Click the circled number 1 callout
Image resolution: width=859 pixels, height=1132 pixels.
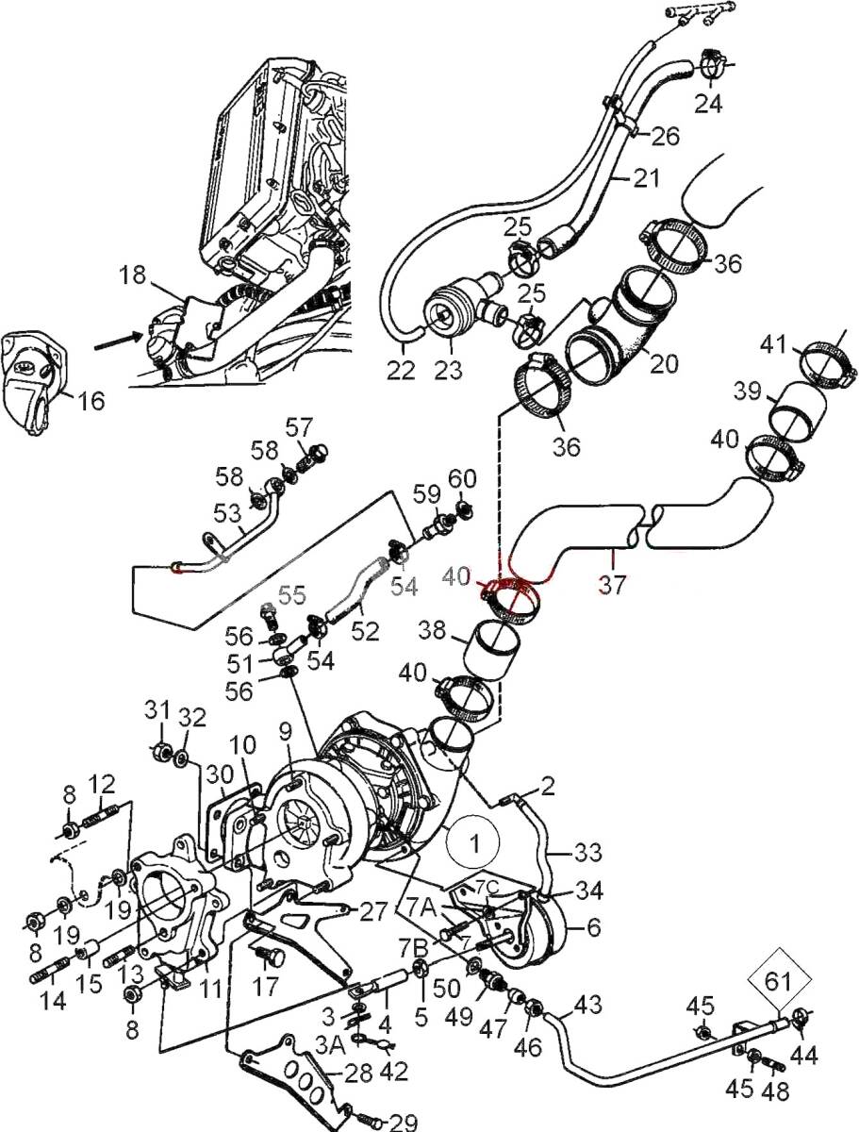(x=472, y=843)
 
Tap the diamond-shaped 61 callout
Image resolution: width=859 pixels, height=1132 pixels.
(x=778, y=979)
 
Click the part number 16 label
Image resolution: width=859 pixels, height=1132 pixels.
(x=91, y=400)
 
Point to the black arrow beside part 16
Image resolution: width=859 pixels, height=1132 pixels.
(x=119, y=341)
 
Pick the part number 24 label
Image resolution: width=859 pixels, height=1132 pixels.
(x=708, y=104)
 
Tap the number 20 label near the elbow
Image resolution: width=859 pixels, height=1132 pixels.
(x=664, y=364)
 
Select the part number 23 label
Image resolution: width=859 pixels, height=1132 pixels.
(x=448, y=370)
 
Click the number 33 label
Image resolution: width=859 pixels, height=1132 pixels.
(x=586, y=853)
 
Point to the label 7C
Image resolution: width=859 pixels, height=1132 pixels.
(x=487, y=887)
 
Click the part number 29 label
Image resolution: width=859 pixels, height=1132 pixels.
(x=403, y=1121)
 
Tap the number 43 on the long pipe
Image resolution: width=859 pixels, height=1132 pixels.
(x=587, y=1004)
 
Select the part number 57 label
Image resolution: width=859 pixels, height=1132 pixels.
(x=300, y=427)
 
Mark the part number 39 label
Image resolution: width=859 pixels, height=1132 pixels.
(x=747, y=391)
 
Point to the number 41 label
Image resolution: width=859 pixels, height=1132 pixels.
(x=773, y=344)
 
